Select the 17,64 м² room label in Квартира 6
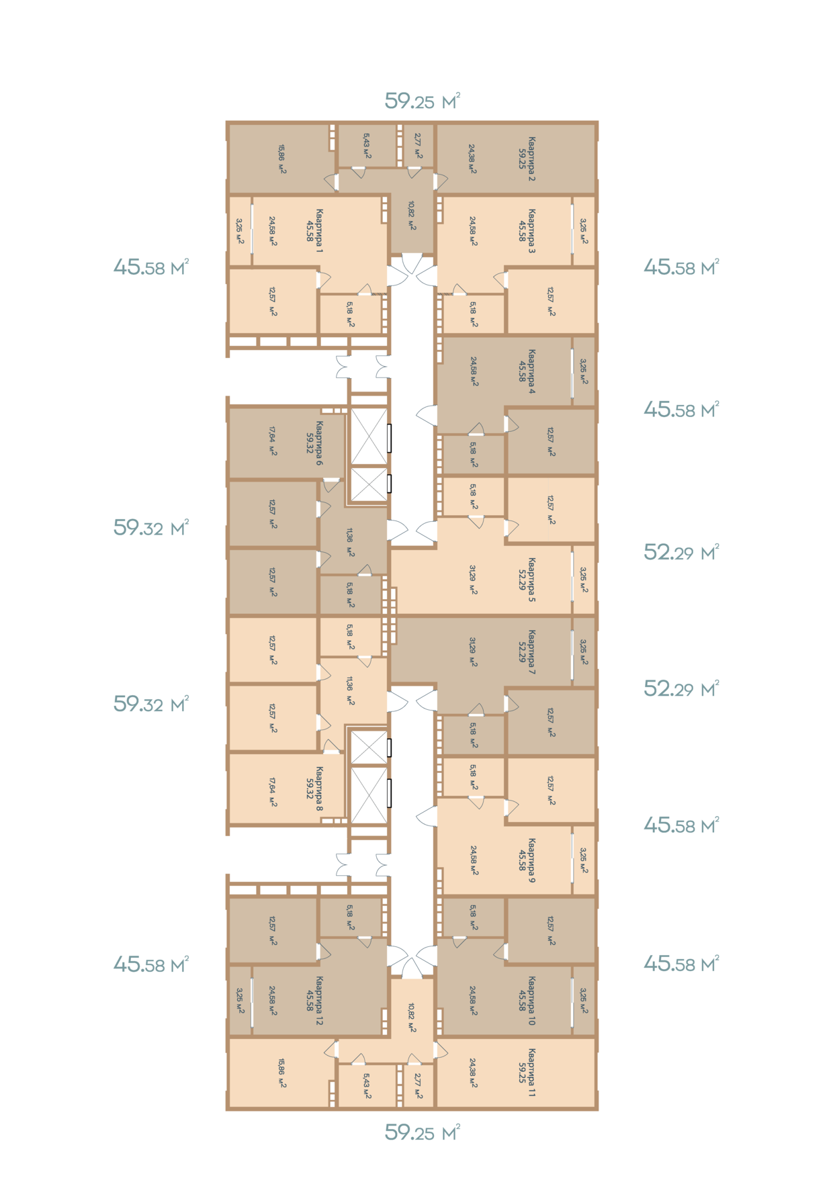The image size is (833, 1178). click(x=273, y=441)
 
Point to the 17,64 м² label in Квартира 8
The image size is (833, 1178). click(x=273, y=792)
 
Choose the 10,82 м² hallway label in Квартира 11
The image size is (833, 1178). click(x=412, y=1018)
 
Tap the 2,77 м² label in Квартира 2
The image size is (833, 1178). click(x=418, y=145)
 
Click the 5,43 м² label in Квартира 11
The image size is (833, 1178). click(x=367, y=1085)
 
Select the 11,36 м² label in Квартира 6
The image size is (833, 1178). click(x=350, y=542)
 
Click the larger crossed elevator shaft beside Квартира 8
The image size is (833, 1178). click(x=369, y=795)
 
